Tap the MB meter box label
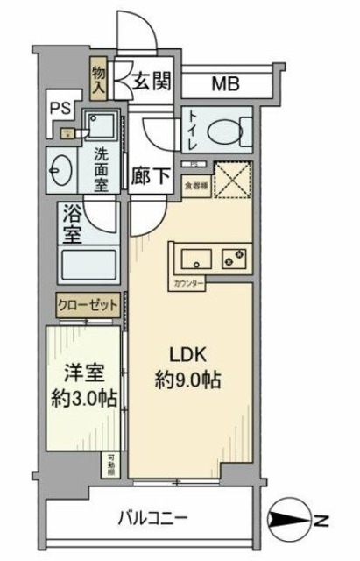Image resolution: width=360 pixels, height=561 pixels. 227,86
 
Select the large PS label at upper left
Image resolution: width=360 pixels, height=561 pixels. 60,109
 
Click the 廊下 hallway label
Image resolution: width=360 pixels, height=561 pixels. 151,175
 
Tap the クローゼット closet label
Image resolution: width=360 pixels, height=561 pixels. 88,304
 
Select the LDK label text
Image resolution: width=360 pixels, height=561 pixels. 187,357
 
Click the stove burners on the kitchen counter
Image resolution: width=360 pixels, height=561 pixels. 234,258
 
